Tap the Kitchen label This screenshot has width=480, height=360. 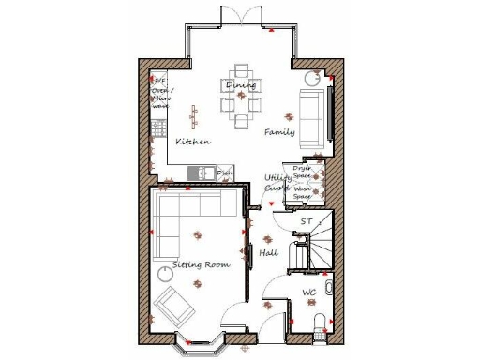coord(193,142)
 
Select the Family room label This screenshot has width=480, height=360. coord(279,132)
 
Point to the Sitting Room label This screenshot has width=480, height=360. coord(201,265)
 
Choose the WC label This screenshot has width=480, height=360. coord(309,292)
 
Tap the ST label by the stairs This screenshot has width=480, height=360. coord(305,221)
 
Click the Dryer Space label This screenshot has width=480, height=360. coord(302,173)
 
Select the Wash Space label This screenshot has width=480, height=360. coord(302,194)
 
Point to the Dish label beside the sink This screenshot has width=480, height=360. coord(225,173)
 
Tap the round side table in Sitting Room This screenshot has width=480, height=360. coord(166,273)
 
